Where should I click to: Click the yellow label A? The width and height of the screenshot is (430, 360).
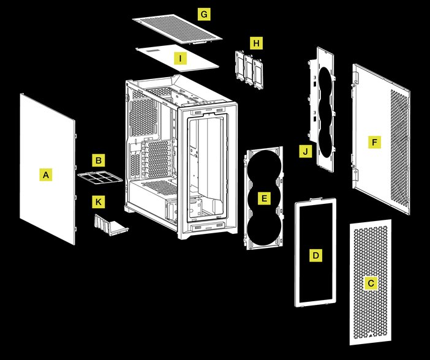[x=44, y=175]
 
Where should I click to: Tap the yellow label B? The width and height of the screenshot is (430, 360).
[x=98, y=161]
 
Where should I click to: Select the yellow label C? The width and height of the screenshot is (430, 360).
[x=370, y=283]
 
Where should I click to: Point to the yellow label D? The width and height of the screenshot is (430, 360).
[x=315, y=255]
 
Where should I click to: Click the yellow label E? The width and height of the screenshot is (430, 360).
[x=264, y=198]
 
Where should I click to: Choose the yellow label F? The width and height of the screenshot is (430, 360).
[x=374, y=143]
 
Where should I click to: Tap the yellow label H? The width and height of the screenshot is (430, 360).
[x=256, y=43]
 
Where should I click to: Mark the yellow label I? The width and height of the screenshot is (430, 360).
[x=180, y=58]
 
